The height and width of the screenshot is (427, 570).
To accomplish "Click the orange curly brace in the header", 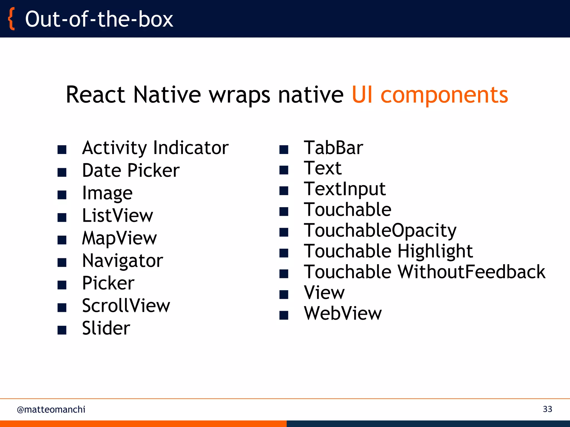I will pos(11,19).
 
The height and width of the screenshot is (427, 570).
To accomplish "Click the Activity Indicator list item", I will pos(155,148).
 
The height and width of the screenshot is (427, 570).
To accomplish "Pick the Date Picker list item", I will pos(131,170).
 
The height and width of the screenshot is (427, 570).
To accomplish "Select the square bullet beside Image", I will pos(62,195).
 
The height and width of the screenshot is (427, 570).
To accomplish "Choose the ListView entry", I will pos(117,215).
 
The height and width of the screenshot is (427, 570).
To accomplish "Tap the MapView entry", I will pos(119,238).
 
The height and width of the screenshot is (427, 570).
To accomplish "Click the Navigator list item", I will pos(122,261).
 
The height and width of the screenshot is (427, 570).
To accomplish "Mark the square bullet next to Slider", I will pos(62,330).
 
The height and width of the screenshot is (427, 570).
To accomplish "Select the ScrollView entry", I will pos(126,306).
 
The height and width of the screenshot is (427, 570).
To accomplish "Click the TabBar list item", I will pos(333,148).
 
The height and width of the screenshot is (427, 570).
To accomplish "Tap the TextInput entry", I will pos(345,189).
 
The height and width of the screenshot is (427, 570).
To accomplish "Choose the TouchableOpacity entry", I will pos(380,230).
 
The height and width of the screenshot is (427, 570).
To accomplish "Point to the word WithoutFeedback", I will pos(471,272).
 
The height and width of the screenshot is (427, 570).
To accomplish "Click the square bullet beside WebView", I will pos(284,315).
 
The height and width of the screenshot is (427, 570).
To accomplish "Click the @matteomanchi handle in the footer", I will pos(51,409).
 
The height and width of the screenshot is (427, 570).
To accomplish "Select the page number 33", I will pos(547,409).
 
